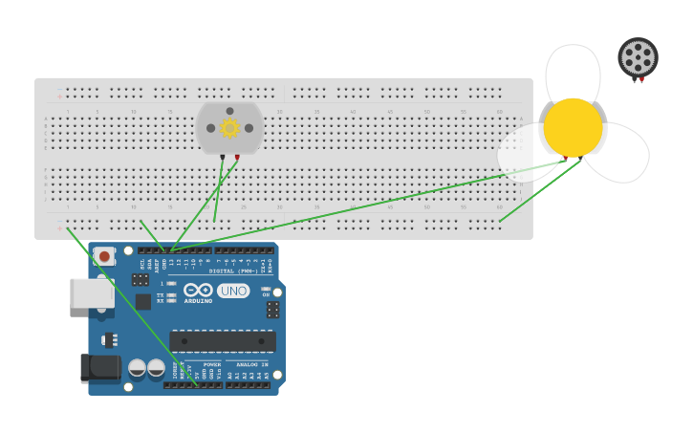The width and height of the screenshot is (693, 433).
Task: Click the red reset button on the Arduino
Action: pos(103,256)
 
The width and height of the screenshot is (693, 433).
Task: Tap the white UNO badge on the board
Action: pos(233,291)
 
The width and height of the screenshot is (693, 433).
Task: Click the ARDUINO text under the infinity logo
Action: pos(199,301)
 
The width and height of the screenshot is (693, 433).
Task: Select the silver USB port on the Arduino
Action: pos(91,292)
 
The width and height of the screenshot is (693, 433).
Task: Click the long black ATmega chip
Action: pos(223,341)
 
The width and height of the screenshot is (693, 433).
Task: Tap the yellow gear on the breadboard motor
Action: pos(229,128)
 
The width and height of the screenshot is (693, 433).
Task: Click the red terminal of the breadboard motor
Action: pos(237,156)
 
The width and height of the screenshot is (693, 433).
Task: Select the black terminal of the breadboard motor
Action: pos(223,156)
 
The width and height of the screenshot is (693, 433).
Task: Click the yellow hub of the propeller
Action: pos(574,127)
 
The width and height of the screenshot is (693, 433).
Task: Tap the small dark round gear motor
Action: pos(638,57)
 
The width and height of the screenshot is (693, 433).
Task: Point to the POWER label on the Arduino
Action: pos(211,364)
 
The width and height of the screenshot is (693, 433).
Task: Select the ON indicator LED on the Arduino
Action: pos(266,289)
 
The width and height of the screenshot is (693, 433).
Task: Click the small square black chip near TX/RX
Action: pos(142,301)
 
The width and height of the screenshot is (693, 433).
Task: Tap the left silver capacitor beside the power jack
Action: pos(138,368)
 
